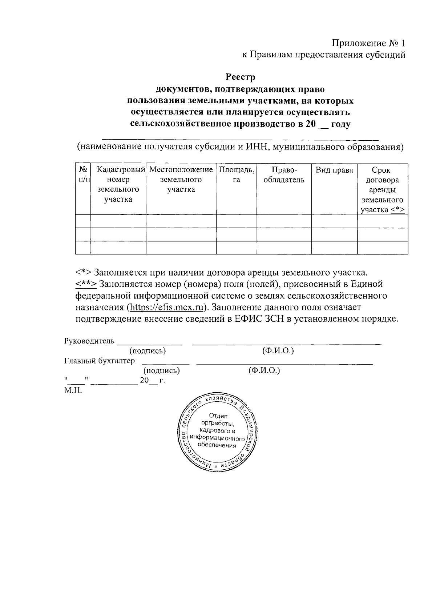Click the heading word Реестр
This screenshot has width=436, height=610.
click(x=241, y=77)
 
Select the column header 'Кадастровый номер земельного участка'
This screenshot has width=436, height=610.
click(x=118, y=184)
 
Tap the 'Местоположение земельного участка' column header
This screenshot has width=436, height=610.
click(x=181, y=180)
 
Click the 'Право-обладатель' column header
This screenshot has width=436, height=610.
click(x=284, y=175)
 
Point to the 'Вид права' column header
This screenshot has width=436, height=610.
click(x=334, y=170)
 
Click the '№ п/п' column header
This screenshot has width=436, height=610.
click(x=83, y=174)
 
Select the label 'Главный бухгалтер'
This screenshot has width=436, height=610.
click(x=99, y=361)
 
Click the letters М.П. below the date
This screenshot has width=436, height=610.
click(x=73, y=391)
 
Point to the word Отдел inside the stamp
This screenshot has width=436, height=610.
click(x=218, y=416)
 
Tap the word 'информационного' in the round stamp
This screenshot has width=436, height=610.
click(x=218, y=438)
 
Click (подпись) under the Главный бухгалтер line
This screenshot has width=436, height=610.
click(x=162, y=370)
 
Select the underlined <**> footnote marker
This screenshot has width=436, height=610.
click(x=86, y=284)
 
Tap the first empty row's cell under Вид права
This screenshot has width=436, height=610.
click(x=334, y=221)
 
